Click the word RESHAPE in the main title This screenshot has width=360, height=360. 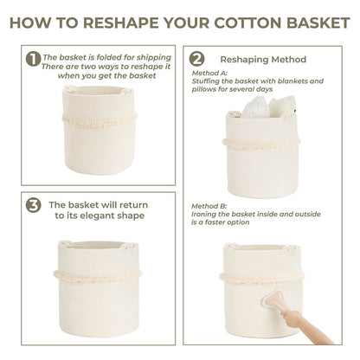(120, 22)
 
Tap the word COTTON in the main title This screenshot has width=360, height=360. (247, 22)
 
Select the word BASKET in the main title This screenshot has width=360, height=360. (318, 22)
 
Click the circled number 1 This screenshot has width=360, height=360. (33, 59)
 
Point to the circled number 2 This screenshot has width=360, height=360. (196, 59)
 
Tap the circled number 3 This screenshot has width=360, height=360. (33, 205)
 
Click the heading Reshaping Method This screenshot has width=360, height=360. (263, 60)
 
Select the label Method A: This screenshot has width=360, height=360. (209, 73)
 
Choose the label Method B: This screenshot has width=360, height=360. (209, 206)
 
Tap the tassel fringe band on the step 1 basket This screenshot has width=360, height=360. (100, 121)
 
